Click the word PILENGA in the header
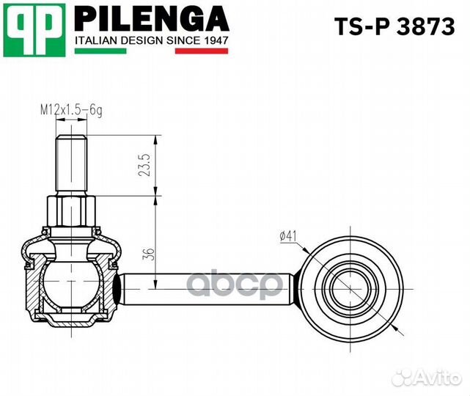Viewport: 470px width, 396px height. coord(151,18)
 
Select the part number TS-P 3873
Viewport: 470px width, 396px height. coord(394,28)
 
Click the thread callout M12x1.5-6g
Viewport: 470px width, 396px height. coord(70,110)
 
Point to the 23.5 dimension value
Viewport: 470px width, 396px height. coord(144,166)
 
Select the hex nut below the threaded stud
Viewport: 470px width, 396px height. coord(71,213)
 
